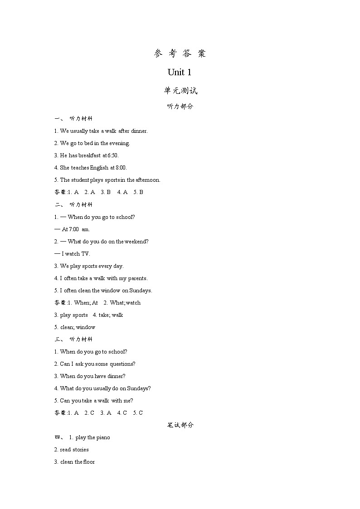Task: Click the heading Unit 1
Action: pyautogui.click(x=180, y=72)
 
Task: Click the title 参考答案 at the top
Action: pyautogui.click(x=180, y=53)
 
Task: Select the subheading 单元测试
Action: pyautogui.click(x=180, y=91)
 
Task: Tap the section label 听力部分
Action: pyautogui.click(x=180, y=107)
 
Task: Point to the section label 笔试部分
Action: pyautogui.click(x=180, y=425)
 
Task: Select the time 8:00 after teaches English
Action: pyautogui.click(x=121, y=168)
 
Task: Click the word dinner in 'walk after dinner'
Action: pyautogui.click(x=139, y=131)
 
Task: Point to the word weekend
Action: pyautogui.click(x=138, y=242)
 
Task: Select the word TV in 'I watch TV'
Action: pyautogui.click(x=86, y=254)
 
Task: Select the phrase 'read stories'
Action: pyautogui.click(x=74, y=450)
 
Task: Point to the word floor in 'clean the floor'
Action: pyautogui.click(x=89, y=462)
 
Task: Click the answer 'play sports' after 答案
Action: pyautogui.click(x=74, y=315)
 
